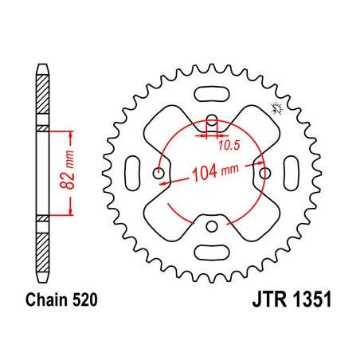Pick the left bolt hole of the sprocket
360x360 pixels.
159,173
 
